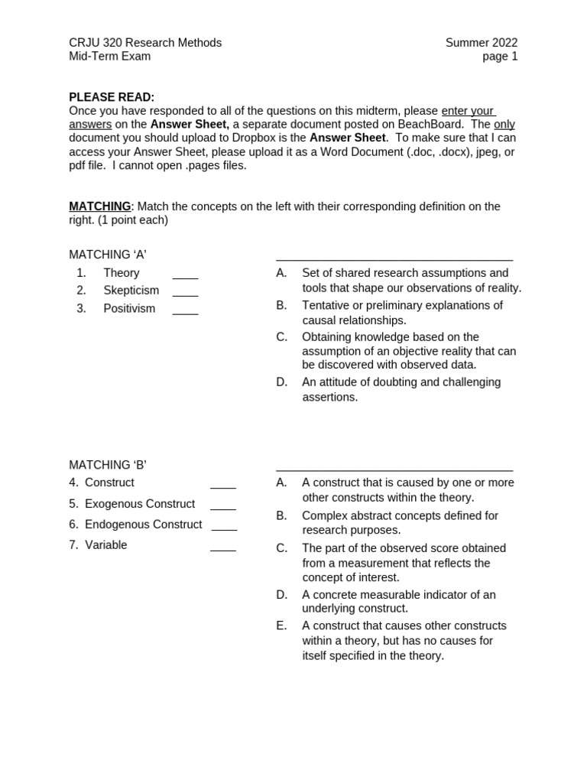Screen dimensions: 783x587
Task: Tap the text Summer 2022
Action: [482, 43]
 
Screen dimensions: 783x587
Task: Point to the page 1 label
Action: [500, 57]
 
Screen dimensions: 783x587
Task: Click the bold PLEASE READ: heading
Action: [112, 97]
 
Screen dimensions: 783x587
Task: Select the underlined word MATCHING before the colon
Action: [99, 206]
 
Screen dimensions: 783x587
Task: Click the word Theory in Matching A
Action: [122, 273]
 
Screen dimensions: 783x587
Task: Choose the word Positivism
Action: [129, 309]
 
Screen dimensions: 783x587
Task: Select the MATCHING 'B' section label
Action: [108, 465]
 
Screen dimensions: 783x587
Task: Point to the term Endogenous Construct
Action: [144, 525]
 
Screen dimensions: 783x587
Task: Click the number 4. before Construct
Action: [74, 482]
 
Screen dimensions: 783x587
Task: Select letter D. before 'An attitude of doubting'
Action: [282, 382]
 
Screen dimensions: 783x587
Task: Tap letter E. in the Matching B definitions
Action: [282, 625]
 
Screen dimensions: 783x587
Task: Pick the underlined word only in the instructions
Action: [504, 125]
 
